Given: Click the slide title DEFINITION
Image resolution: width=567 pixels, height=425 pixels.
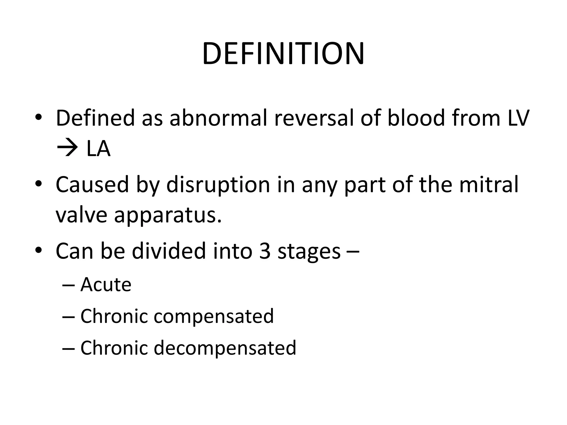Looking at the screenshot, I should [x=283, y=54].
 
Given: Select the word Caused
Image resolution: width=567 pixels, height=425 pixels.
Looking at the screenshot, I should [x=92, y=185].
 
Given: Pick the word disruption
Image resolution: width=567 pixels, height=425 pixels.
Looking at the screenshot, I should [x=218, y=185].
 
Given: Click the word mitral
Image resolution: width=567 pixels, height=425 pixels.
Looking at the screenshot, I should [x=489, y=185].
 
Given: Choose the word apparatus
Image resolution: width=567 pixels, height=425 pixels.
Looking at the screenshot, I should [x=168, y=216].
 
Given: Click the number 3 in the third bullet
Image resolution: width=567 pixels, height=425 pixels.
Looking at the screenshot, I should [x=265, y=251].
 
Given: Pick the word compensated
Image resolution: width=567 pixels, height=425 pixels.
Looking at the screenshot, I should [x=213, y=316].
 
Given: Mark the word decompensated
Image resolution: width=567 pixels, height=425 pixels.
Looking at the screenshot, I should [x=225, y=348].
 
